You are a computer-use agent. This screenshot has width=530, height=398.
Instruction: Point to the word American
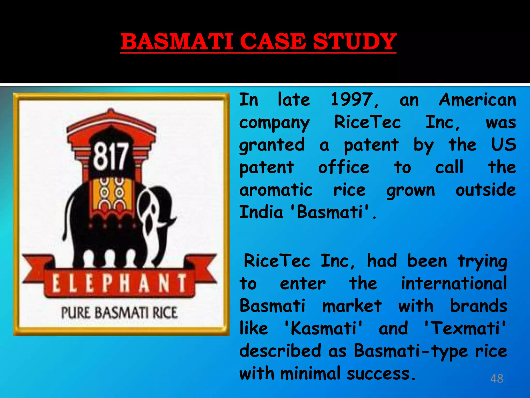click(x=477, y=100)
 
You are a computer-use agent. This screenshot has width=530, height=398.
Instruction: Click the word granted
click(x=272, y=145)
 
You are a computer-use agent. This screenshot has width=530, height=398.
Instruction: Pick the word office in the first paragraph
click(x=344, y=167)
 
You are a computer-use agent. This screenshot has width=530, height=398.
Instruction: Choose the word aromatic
click(x=276, y=190)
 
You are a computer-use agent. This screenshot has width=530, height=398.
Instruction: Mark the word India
click(x=261, y=212)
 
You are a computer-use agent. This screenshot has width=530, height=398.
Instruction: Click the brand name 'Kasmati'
click(x=323, y=328)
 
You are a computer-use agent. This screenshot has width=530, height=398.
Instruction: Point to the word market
click(x=352, y=306)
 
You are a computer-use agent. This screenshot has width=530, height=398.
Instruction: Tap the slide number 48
click(x=497, y=379)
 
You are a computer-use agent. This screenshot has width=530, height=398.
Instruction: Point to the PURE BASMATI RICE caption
click(x=119, y=313)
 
